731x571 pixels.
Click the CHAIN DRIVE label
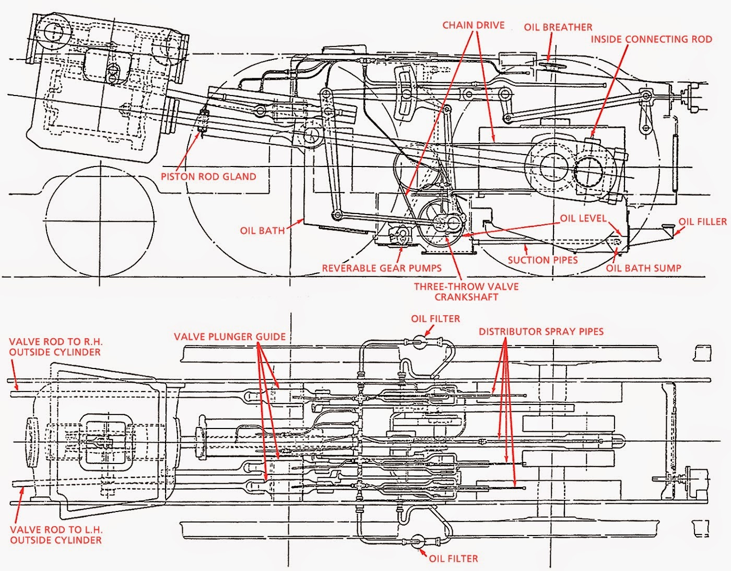point(473,25)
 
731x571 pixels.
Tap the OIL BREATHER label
point(558,27)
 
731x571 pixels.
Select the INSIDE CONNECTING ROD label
point(651,39)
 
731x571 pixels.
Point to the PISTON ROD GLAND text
point(208,176)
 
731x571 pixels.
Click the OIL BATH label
point(262,230)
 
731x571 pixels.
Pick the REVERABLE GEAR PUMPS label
point(381,268)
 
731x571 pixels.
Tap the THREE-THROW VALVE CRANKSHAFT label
point(466,292)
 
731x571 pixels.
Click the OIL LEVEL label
point(583,218)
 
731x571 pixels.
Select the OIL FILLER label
point(702,222)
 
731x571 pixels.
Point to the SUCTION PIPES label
point(543,260)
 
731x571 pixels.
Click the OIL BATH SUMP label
point(643,268)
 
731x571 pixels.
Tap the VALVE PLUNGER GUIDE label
point(230,337)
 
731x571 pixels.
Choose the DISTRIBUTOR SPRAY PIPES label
point(541,331)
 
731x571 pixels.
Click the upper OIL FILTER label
point(435,318)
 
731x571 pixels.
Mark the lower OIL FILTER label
point(453,558)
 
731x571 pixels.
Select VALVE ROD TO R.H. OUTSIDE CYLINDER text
point(56,347)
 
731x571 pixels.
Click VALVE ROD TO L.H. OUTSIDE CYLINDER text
point(56,534)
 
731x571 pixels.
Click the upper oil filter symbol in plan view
point(418,342)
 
